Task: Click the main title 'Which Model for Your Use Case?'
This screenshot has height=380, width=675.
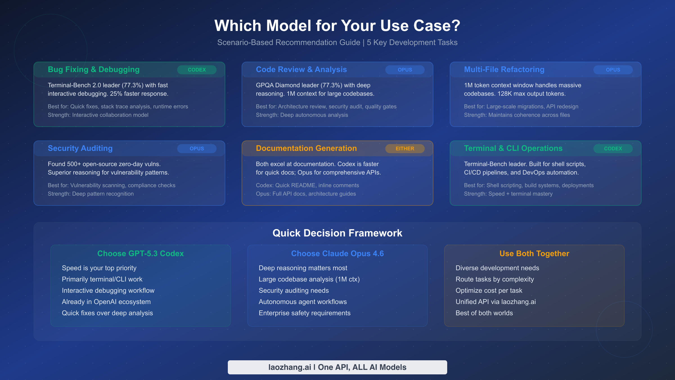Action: click(x=337, y=26)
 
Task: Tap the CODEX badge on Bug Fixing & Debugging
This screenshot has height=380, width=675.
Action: click(x=197, y=70)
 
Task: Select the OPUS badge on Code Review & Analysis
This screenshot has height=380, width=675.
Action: click(x=405, y=70)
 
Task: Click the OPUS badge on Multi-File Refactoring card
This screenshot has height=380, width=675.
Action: click(x=613, y=70)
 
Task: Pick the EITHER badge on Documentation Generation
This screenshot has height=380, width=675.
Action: click(x=405, y=149)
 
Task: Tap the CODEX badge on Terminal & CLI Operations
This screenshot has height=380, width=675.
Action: click(x=613, y=149)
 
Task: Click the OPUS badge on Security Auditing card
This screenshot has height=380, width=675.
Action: click(x=197, y=149)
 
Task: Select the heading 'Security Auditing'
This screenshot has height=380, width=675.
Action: click(x=80, y=148)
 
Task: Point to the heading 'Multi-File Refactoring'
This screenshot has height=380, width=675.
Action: click(x=504, y=70)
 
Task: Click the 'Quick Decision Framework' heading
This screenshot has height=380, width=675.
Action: click(x=337, y=233)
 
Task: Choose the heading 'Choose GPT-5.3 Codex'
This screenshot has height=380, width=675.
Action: click(x=140, y=254)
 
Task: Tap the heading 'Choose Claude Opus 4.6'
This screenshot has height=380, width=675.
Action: click(x=337, y=254)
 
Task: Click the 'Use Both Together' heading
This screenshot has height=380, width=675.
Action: click(x=534, y=254)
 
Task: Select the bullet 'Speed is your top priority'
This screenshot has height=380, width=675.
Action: click(x=99, y=268)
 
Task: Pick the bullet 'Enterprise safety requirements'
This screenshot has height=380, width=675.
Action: click(x=304, y=313)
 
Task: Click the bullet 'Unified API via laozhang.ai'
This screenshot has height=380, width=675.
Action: click(x=496, y=302)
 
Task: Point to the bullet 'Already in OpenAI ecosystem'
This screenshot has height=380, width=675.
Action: click(x=106, y=302)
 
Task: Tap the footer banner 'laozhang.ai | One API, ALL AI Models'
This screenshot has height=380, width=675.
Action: click(x=337, y=367)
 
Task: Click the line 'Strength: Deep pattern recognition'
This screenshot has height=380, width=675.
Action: click(x=91, y=194)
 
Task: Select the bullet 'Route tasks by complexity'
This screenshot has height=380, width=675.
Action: click(x=494, y=279)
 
